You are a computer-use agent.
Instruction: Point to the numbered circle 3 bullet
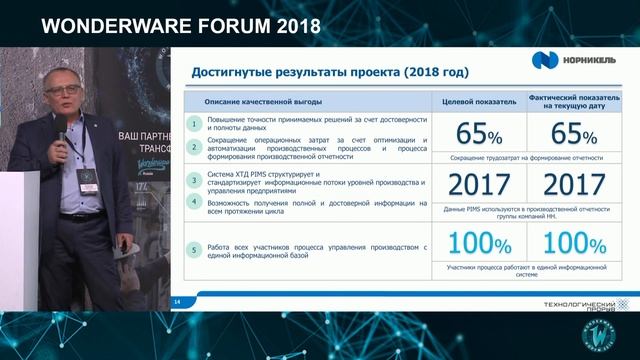click(193, 179)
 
